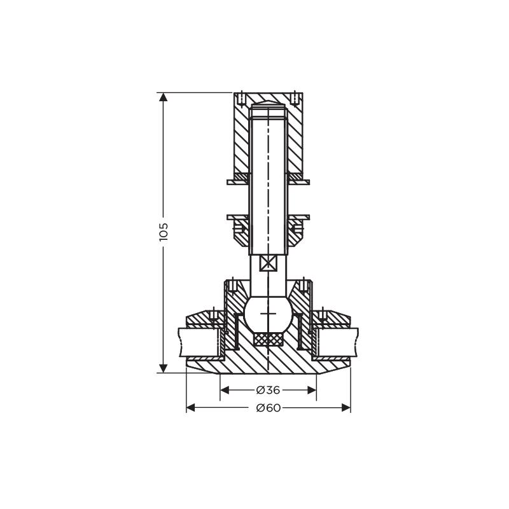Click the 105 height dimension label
click(x=164, y=232)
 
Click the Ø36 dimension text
click(x=268, y=390)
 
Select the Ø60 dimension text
click(x=268, y=408)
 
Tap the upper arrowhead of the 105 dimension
click(x=164, y=97)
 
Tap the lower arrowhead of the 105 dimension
click(x=164, y=368)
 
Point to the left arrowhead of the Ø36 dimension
click(x=225, y=390)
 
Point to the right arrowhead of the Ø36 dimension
click(x=312, y=390)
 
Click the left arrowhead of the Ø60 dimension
click(x=190, y=408)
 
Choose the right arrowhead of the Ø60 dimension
click(x=346, y=408)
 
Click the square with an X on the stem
click(x=268, y=263)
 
